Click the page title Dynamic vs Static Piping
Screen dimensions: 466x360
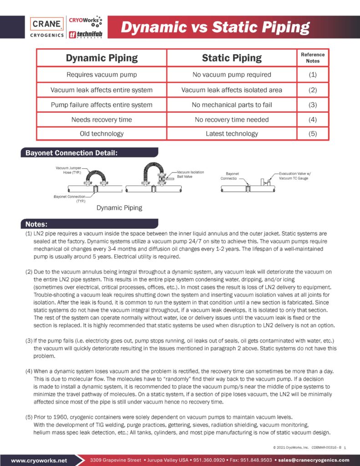(x=215, y=27)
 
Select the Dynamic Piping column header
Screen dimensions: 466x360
(x=101, y=58)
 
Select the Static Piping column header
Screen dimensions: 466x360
(x=232, y=58)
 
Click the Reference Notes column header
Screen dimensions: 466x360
(x=313, y=58)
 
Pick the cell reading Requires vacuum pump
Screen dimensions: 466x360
(x=101, y=75)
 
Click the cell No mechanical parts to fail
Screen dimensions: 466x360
(x=232, y=105)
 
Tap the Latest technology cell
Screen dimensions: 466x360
(x=232, y=134)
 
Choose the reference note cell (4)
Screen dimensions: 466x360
(x=313, y=120)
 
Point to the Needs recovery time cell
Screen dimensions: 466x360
(x=101, y=120)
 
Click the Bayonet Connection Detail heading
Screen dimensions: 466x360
(x=69, y=153)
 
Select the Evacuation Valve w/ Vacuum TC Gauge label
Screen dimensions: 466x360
(x=295, y=176)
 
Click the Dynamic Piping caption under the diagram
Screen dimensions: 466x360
(x=119, y=208)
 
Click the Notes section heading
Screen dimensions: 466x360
(x=36, y=224)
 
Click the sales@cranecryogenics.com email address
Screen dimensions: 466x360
(x=314, y=460)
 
